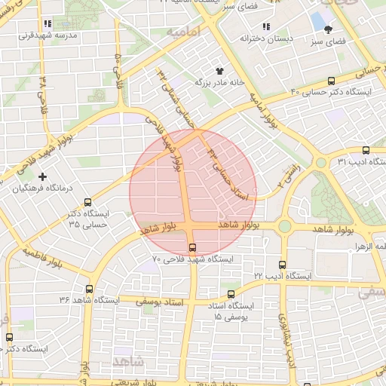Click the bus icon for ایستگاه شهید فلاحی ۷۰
tap(191, 247)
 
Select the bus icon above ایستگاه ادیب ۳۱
tap(366, 150)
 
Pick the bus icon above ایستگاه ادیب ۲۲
tap(282, 265)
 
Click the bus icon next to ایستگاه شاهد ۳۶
tap(90, 289)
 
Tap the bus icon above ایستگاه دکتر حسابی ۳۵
tap(88, 202)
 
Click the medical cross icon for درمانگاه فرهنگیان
tap(42, 176)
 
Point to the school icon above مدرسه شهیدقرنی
tap(49, 23)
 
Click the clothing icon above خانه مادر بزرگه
tap(220, 69)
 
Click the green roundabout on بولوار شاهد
tap(285, 225)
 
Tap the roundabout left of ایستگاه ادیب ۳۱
tap(321, 162)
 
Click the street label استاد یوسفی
tap(163, 300)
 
